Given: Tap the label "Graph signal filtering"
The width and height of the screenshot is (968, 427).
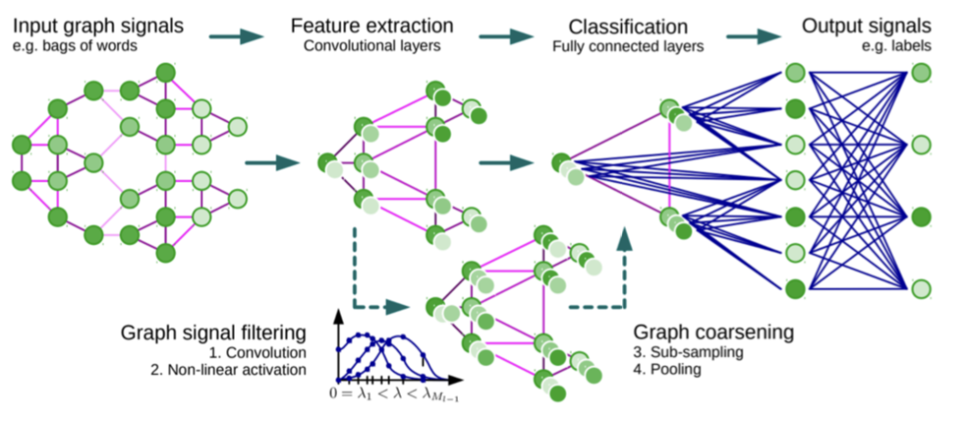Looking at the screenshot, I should (213, 333).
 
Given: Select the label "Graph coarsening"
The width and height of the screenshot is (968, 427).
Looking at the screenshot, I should (714, 333).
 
